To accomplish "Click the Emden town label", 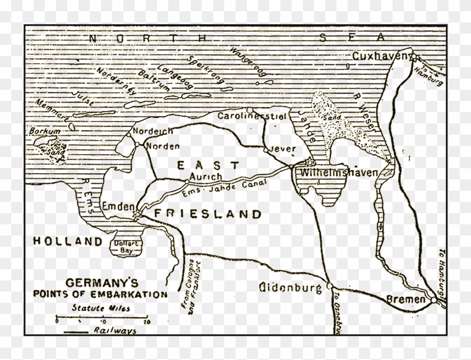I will point(117,206).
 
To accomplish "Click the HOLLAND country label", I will point(70,241).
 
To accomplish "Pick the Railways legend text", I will point(118,331).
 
